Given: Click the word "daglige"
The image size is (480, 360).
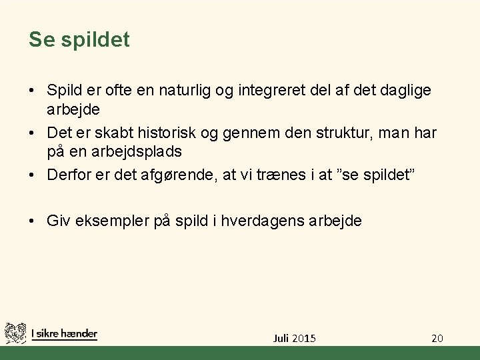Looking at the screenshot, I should pyautogui.click(x=406, y=90).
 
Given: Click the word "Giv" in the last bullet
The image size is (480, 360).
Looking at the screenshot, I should pyautogui.click(x=57, y=221).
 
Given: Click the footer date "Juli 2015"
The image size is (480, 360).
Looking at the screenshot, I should pyautogui.click(x=295, y=338).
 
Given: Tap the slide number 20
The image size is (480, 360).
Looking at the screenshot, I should pyautogui.click(x=437, y=338).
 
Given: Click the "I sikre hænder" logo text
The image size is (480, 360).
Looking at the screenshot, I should pyautogui.click(x=64, y=334).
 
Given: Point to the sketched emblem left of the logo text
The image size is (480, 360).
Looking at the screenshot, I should pyautogui.click(x=15, y=333).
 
